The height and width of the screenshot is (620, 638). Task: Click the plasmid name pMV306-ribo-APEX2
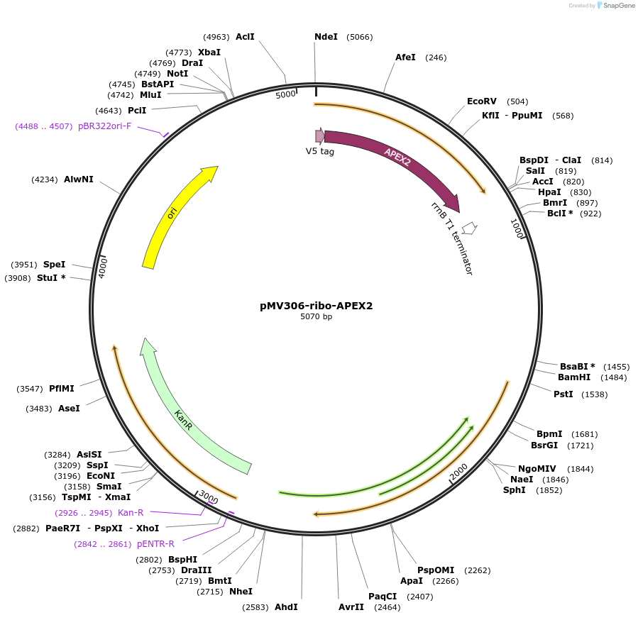point(316,306)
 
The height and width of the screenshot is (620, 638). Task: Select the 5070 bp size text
point(316,317)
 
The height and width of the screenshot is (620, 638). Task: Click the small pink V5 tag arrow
point(320,135)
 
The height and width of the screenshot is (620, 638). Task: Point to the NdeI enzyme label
point(326,37)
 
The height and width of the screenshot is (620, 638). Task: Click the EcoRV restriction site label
point(482,101)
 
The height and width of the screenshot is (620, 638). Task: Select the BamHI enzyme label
point(573,377)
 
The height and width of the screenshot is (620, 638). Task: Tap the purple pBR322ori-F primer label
point(105,126)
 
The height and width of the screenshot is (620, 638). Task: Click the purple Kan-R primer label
point(131,512)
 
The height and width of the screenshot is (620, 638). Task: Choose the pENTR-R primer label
point(155,544)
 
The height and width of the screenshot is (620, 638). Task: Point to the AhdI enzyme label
point(286,607)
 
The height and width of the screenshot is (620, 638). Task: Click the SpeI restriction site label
point(54,265)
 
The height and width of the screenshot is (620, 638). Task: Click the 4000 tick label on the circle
point(103,267)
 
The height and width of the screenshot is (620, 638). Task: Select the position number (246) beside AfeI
point(436,57)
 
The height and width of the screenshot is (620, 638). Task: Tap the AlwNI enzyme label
point(78,179)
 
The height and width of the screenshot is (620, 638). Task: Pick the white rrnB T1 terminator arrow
point(468,228)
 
